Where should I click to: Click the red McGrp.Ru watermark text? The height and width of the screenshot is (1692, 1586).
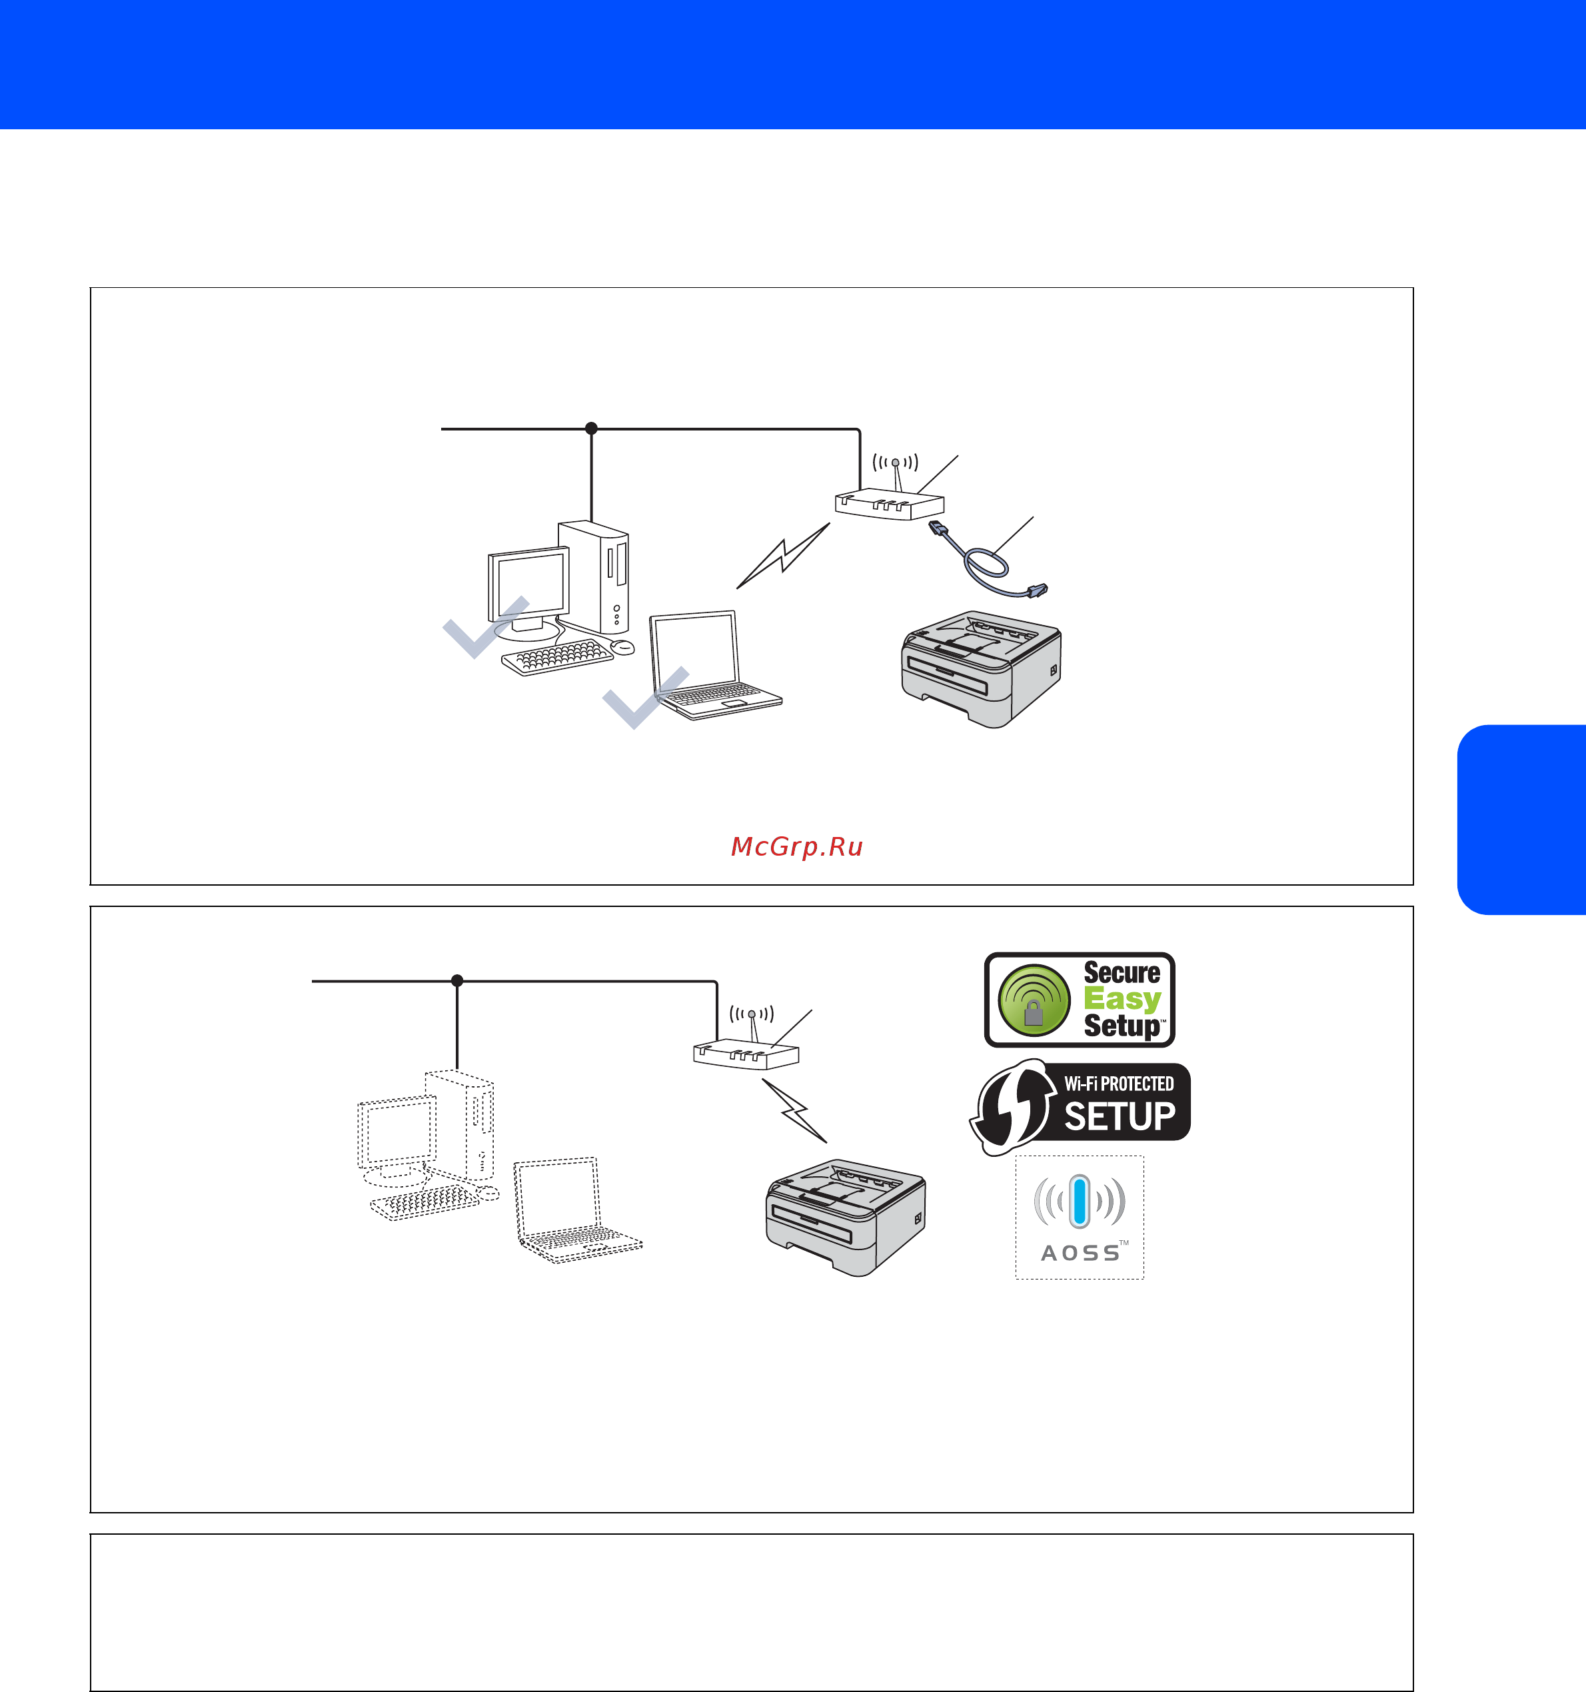[797, 847]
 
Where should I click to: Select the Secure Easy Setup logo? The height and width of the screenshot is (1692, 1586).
[1080, 999]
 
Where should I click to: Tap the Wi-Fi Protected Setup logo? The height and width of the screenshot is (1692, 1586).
[1080, 1106]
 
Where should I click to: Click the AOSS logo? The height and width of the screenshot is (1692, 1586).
[1080, 1217]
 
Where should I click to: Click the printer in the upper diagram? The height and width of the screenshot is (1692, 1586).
[981, 669]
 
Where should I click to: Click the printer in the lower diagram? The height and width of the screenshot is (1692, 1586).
[846, 1217]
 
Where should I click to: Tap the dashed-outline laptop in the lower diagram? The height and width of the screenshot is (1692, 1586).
[577, 1210]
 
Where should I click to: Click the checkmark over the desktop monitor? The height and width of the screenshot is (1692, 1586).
[486, 626]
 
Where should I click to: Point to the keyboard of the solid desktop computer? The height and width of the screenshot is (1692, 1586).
[557, 657]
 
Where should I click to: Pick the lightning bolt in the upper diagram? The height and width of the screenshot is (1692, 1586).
[783, 556]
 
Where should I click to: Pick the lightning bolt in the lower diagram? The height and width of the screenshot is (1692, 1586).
[794, 1111]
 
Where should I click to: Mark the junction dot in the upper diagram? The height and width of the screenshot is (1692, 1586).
[591, 428]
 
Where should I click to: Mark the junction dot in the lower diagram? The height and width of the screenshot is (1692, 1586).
[457, 980]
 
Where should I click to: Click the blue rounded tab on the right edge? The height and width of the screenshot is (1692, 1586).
[1521, 820]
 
